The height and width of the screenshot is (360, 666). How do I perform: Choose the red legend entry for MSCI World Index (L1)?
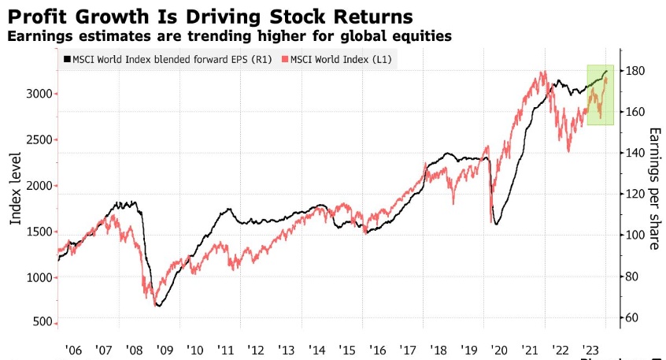click(342, 60)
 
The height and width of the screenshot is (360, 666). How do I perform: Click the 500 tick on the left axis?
click(43, 323)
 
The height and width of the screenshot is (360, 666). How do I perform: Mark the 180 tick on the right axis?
click(635, 71)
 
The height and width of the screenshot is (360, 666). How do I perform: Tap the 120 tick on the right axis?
click(635, 194)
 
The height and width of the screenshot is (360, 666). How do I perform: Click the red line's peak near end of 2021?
click(543, 72)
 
